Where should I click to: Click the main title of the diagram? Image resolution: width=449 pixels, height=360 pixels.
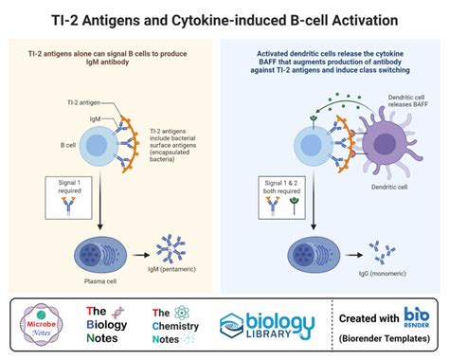pos(224,20)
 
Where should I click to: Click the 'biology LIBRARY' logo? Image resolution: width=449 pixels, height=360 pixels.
pos(266,324)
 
